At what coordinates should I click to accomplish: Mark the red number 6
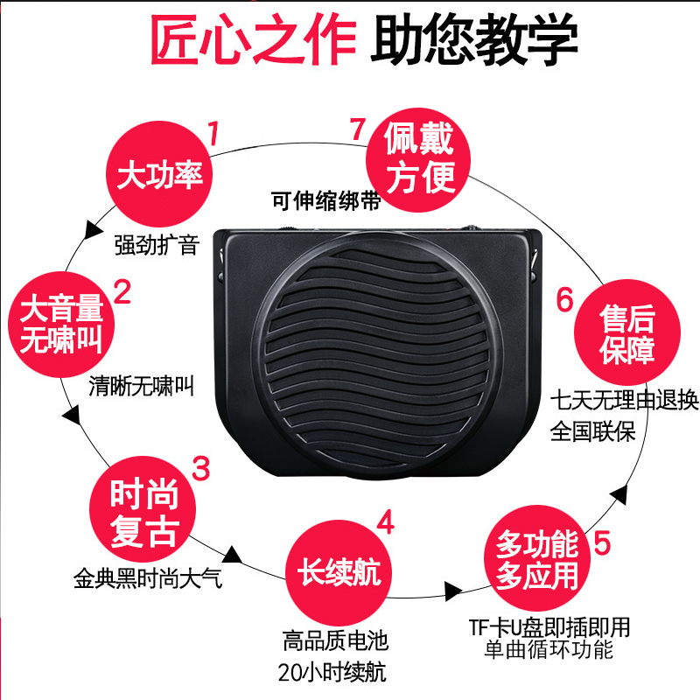[564, 300]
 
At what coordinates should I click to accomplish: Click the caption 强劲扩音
[157, 244]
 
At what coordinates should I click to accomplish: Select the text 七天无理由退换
[624, 402]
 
